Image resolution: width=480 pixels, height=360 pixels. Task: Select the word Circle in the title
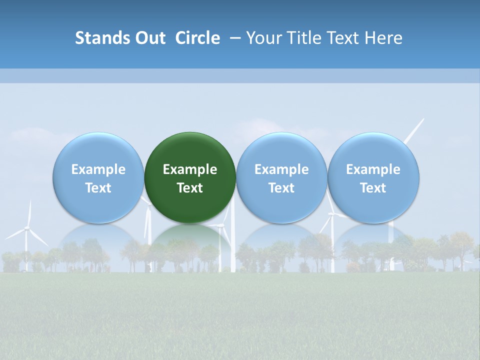pos(197,38)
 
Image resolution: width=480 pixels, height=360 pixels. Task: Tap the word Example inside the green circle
pos(190,169)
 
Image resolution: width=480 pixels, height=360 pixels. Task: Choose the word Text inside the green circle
pos(190,188)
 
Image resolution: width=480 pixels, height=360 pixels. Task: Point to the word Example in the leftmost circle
pos(98,169)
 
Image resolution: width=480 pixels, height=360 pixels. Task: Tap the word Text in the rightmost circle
pos(373,188)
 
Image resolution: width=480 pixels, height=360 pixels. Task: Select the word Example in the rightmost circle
pos(373,169)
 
